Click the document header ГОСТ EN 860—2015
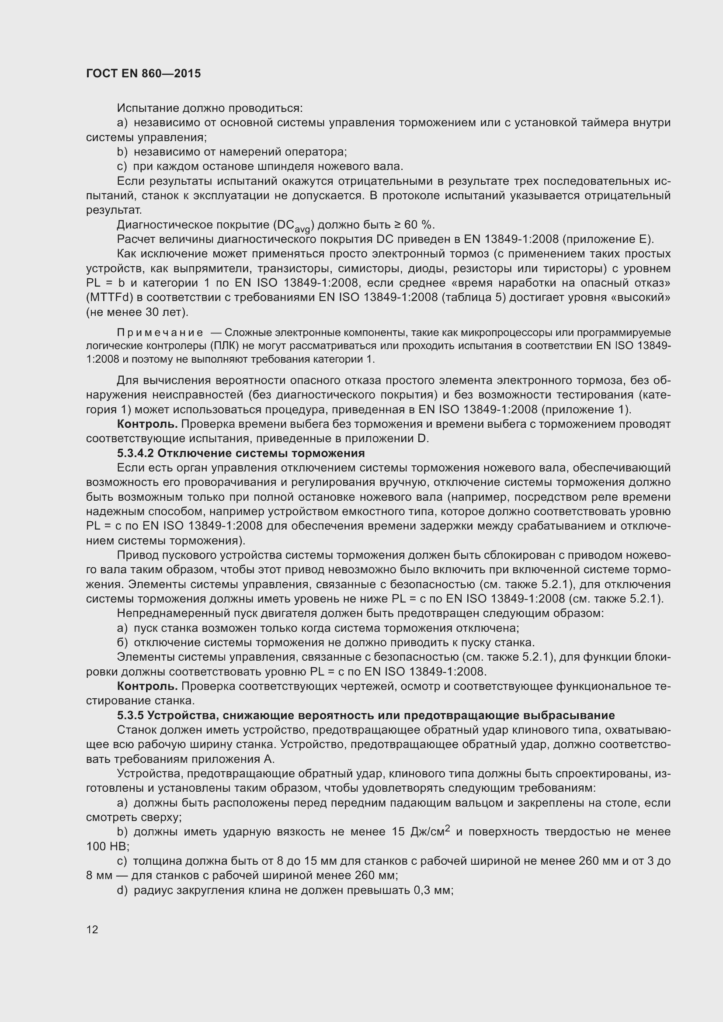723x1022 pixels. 143,73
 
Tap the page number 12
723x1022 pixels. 92,929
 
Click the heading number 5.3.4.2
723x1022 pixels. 136,453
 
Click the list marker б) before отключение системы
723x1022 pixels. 122,643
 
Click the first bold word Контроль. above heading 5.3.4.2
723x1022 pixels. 147,424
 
